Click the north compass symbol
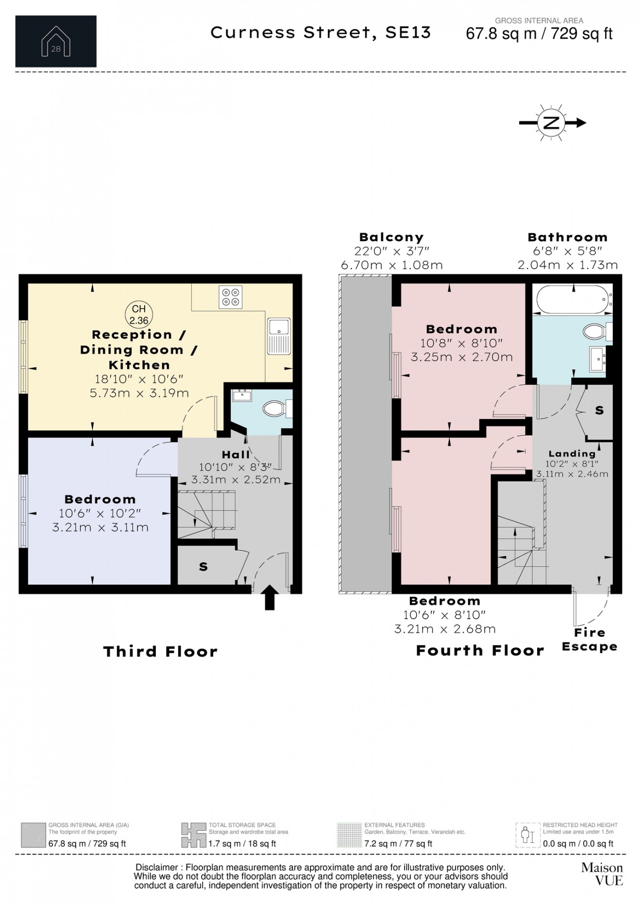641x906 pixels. coord(551,123)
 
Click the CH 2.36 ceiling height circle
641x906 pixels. coord(139,314)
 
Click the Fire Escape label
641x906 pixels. coord(590,640)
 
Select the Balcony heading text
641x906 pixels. coord(391,237)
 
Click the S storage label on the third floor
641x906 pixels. coord(203,566)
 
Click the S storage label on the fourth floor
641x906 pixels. coord(599,410)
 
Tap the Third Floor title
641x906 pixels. coord(161,651)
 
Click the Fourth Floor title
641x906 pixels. coord(480,650)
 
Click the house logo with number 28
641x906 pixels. coord(56,41)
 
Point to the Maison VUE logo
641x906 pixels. coord(602,873)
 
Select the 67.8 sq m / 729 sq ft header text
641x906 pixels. coord(539,34)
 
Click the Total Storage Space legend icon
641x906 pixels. coord(193,835)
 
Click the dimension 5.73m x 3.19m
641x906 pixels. coord(139,393)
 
